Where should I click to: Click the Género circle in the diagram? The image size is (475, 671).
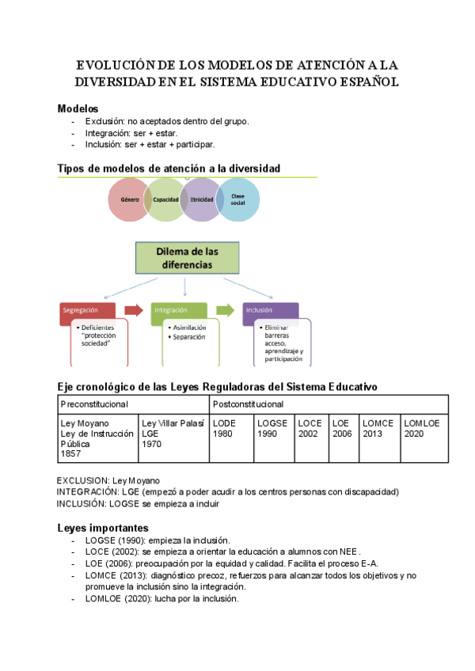pos(130,199)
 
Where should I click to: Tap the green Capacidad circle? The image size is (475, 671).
pos(165,199)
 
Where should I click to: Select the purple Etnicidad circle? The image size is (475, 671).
pos(202,199)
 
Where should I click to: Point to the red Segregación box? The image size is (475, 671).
pos(87,310)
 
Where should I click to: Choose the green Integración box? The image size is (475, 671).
pos(179,310)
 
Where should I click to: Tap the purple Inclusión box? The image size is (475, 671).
pos(270,310)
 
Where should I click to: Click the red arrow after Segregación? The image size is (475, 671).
pos(134,310)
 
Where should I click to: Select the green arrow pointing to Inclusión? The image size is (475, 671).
pos(226,310)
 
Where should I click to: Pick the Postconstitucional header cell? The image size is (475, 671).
pos(329,404)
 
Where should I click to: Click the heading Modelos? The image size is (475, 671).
pos(78,108)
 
